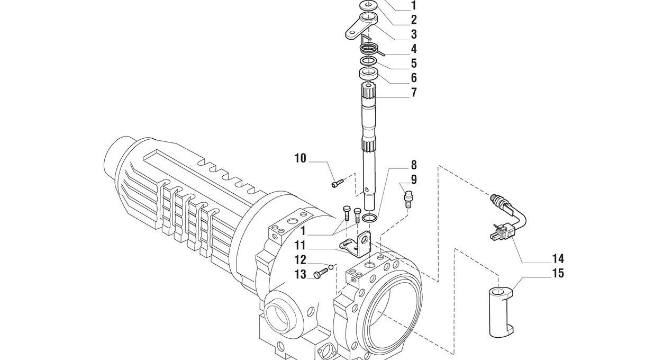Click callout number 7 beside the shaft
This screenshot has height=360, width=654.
click(414, 92)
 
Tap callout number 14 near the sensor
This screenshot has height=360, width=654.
click(558, 258)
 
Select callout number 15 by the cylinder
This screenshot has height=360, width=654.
click(558, 274)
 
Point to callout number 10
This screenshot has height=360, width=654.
click(300, 158)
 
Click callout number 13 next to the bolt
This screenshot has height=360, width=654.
click(300, 275)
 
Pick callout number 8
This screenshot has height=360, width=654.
click(414, 165)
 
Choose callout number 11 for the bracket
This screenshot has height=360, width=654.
click(300, 246)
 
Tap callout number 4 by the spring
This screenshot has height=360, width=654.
click(414, 49)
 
